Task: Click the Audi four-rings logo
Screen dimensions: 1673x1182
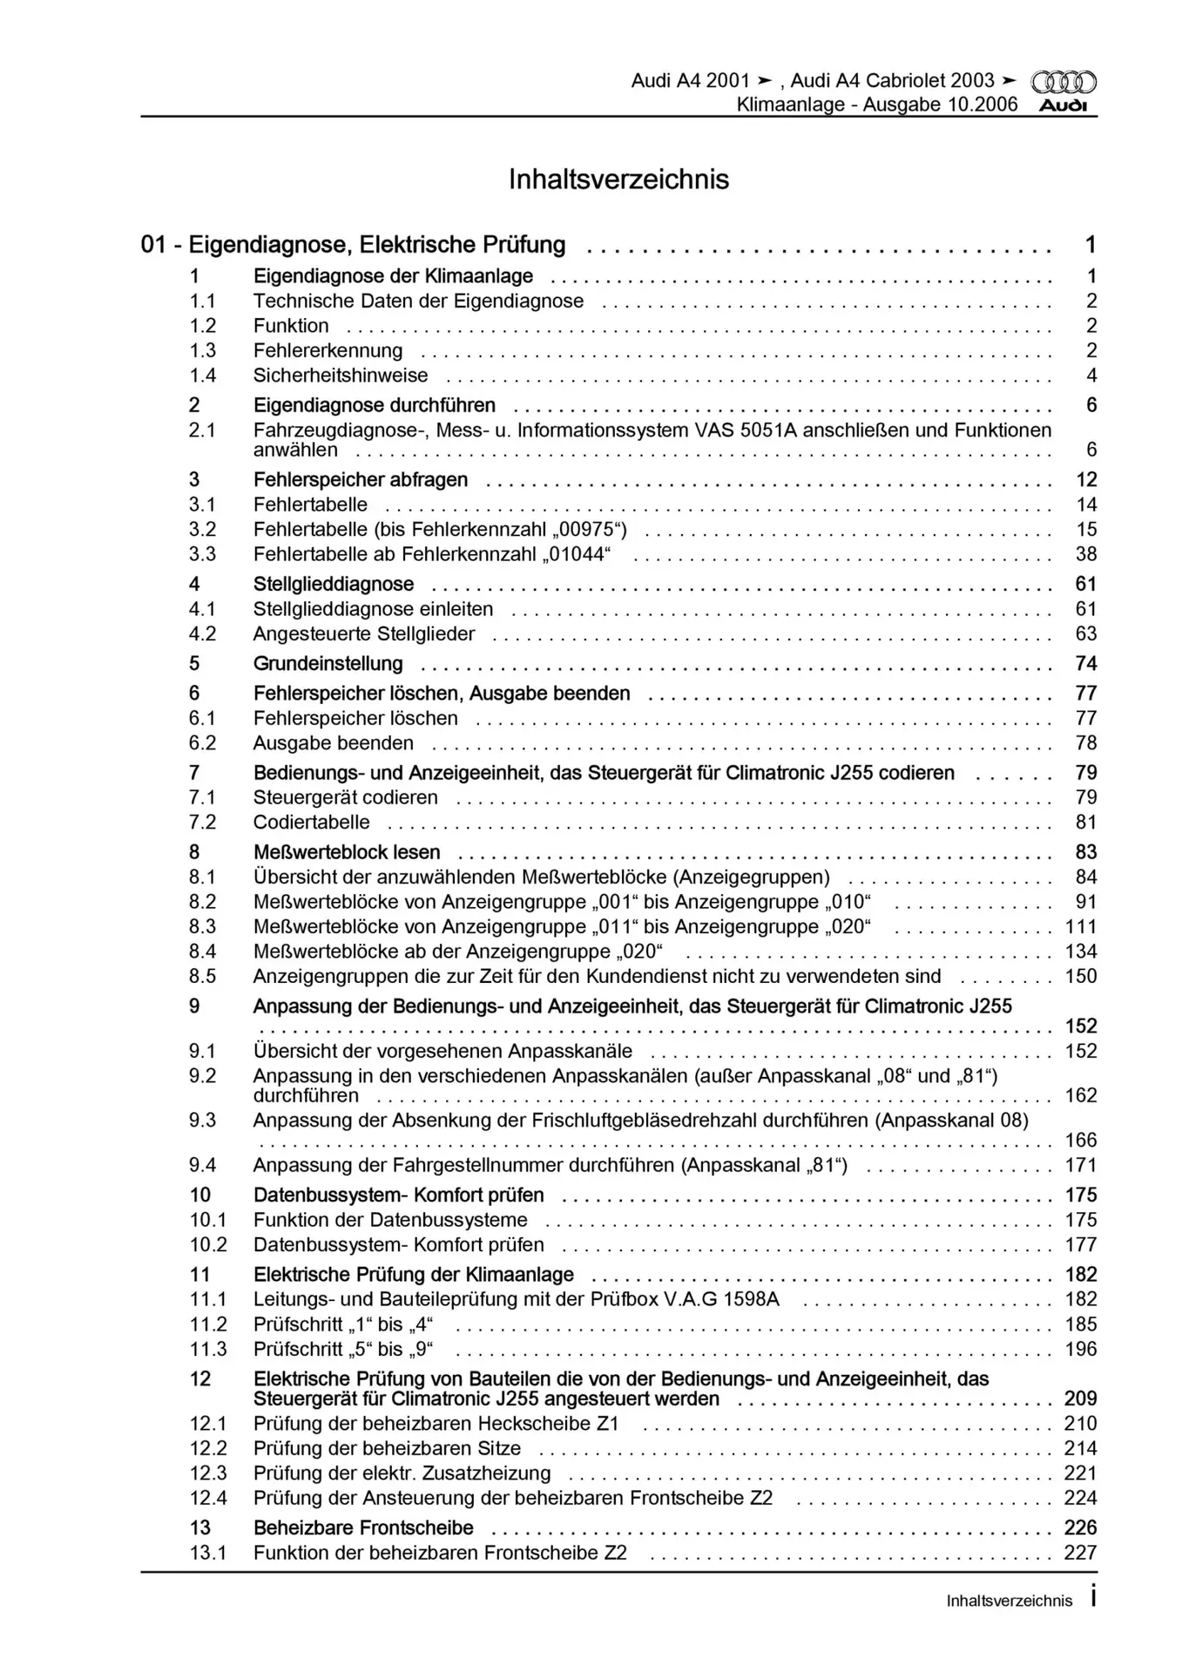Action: [1064, 82]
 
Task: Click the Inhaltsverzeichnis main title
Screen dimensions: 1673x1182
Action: [618, 179]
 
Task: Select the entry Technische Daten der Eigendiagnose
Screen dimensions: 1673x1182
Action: [418, 301]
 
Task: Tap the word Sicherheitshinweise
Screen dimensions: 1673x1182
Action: [341, 376]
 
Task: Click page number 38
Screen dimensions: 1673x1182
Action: [1085, 554]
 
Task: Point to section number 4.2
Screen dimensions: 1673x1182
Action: [203, 634]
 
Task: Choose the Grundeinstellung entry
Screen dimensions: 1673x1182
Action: [328, 664]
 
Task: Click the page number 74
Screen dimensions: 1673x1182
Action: [1085, 664]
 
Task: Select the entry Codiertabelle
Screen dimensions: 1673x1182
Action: [311, 823]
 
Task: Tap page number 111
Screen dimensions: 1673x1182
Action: [1081, 927]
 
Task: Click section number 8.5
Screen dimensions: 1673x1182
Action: [203, 977]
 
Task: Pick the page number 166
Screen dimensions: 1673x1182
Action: [1081, 1141]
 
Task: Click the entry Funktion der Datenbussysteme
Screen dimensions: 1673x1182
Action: [390, 1221]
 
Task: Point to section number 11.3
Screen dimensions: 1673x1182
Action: [207, 1350]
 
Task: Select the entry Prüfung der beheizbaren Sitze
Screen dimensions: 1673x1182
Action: [387, 1449]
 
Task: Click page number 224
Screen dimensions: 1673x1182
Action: [1081, 1499]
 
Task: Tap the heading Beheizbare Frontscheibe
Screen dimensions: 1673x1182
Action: [363, 1528]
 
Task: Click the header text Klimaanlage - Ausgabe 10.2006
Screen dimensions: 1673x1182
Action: [876, 105]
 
